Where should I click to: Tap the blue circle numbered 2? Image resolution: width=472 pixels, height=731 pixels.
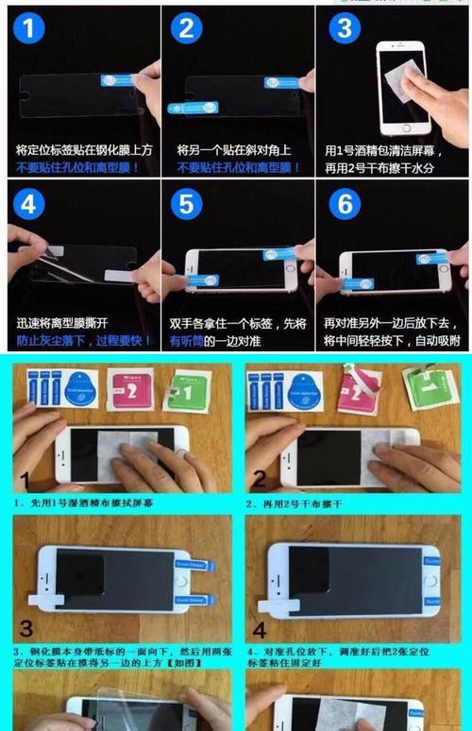(x=187, y=28)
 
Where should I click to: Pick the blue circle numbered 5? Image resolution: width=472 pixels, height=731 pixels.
(x=187, y=205)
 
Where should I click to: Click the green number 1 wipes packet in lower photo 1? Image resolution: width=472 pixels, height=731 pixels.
(x=185, y=390)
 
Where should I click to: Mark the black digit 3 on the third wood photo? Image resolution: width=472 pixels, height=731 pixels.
(x=25, y=628)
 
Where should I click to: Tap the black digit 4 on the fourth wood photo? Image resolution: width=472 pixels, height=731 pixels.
(x=259, y=628)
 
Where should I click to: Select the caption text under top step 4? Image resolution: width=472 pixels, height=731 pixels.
(x=80, y=331)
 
